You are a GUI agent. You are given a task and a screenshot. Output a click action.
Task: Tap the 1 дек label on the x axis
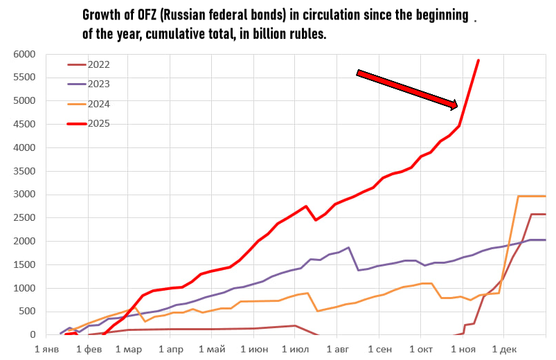tap(503, 350)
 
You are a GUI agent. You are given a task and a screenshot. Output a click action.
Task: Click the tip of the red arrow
tap(457, 107)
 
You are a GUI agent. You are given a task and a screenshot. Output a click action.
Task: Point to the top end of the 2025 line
tap(478, 60)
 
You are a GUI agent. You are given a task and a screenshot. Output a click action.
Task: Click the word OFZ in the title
tap(148, 15)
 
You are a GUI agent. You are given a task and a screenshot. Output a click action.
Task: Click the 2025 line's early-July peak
tap(306, 206)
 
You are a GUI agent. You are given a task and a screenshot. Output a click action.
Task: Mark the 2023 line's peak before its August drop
tap(348, 247)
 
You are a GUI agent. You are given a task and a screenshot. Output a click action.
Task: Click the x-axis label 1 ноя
tap(462, 350)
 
